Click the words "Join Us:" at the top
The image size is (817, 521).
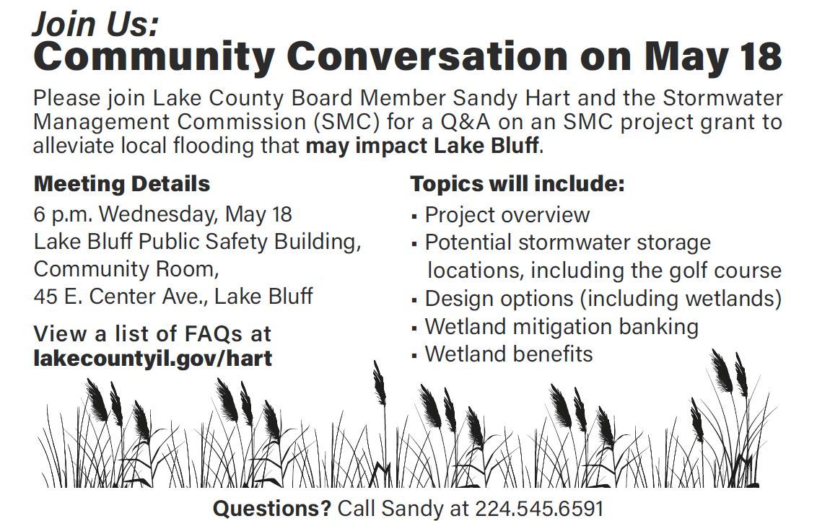pos(95,24)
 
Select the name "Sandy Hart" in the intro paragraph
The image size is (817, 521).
pos(512,98)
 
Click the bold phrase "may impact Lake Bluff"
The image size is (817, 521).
pos(422,146)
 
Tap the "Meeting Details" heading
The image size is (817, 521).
pos(122,184)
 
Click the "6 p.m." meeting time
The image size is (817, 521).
pos(63,214)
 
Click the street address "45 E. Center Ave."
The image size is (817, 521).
pos(121,296)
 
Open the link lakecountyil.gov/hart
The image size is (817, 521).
pos(153,359)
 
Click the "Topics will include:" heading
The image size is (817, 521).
pos(517,184)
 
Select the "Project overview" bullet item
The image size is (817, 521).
pos(507,215)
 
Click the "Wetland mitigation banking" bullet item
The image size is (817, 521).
pos(562,327)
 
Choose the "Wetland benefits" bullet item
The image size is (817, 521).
pos(509,354)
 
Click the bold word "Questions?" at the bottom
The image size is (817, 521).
pos(272,509)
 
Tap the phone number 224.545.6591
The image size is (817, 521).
pos(538,509)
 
